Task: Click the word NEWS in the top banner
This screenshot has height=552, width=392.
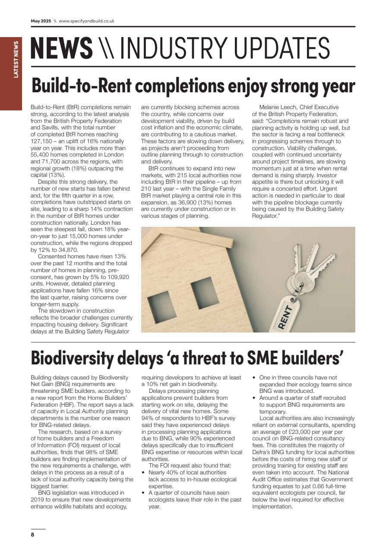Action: point(61,48)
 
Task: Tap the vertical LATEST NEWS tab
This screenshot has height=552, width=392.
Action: point(16,60)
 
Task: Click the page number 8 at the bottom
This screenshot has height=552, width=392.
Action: point(32,535)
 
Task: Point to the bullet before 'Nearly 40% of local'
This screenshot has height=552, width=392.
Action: point(144,473)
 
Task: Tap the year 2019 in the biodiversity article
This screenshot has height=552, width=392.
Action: point(38,499)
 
